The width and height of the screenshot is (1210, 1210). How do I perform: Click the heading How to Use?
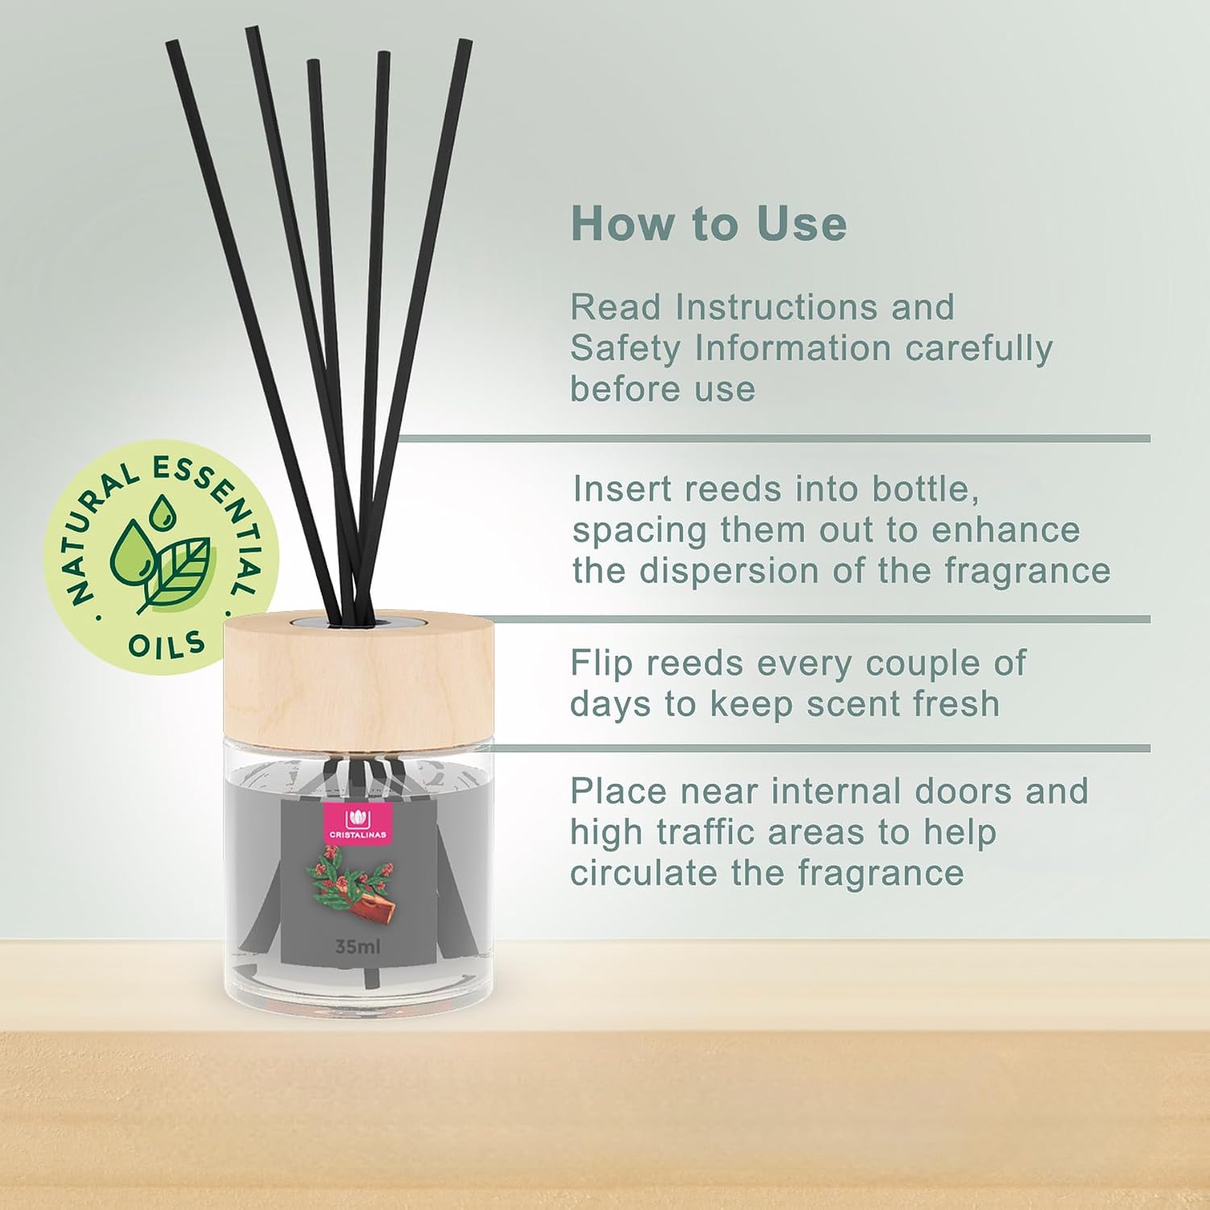click(x=709, y=223)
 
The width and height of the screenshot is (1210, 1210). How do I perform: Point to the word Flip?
click(x=602, y=664)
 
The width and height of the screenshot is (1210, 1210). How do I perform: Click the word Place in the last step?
click(x=619, y=792)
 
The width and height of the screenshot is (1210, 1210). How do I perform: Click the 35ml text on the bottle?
click(x=357, y=945)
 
